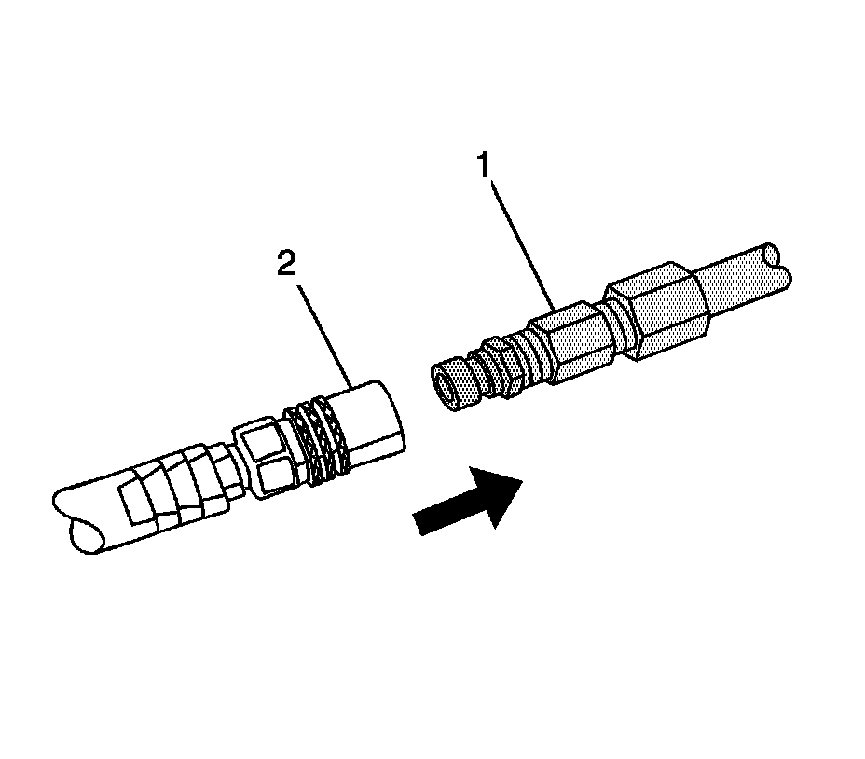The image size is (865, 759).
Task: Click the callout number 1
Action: pos(483,167)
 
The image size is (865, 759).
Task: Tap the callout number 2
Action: pos(286,264)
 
